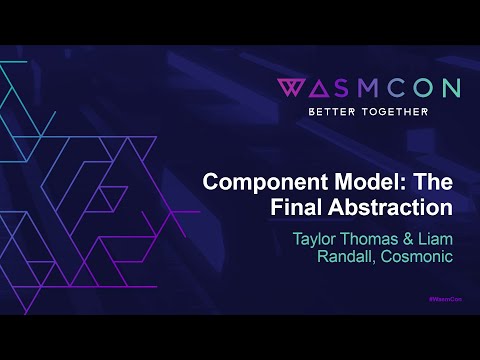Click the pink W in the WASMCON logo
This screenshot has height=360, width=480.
[x=291, y=88]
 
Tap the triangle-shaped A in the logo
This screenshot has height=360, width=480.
[x=319, y=88]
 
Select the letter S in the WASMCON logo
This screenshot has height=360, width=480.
[x=344, y=88]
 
